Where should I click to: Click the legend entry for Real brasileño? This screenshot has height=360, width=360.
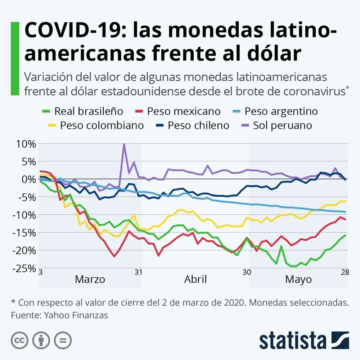83,111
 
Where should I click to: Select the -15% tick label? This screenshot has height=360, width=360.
24,233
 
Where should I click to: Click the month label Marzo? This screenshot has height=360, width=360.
90,279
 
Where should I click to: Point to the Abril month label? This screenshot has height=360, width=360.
195,279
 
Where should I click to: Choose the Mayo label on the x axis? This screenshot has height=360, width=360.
298,279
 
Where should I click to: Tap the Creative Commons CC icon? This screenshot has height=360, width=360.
19,340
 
